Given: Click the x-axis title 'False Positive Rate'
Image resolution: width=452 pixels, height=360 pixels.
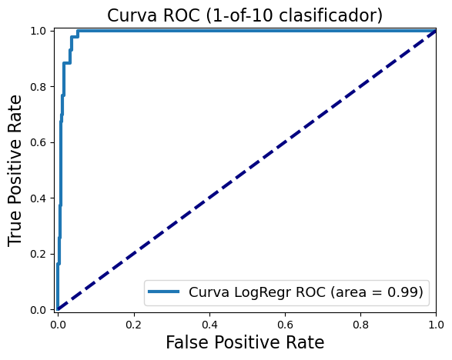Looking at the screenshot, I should click(246, 342).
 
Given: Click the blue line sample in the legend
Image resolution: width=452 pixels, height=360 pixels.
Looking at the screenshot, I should click(166, 292).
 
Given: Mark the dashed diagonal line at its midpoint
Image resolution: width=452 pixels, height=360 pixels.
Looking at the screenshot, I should click(246, 170).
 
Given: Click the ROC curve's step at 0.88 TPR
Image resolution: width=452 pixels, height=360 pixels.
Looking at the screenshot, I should click(67, 63).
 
